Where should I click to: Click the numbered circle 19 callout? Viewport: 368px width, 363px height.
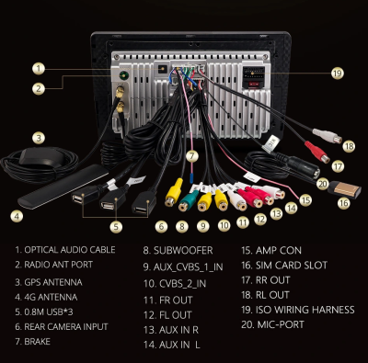pyautogui.click(x=337, y=74)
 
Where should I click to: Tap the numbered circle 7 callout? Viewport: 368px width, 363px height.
pyautogui.click(x=192, y=156)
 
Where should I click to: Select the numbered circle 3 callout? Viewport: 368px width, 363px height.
pyautogui.click(x=39, y=138)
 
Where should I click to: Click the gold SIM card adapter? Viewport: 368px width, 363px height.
pyautogui.click(x=343, y=189)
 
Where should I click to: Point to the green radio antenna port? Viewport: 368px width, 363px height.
pyautogui.click(x=123, y=75)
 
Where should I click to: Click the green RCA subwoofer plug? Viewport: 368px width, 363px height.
pyautogui.click(x=189, y=201)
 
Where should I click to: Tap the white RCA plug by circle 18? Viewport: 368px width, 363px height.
pyautogui.click(x=328, y=136)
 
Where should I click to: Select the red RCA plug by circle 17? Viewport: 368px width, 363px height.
pyautogui.click(x=317, y=152)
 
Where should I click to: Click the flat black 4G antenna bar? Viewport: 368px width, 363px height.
pyautogui.click(x=63, y=187)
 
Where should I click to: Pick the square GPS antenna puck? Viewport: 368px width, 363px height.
pyautogui.click(x=41, y=157)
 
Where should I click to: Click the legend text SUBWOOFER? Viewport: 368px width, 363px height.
pyautogui.click(x=183, y=251)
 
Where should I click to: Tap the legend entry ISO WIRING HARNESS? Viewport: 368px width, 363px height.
pyautogui.click(x=305, y=310)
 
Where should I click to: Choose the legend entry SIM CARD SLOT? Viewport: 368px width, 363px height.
pyautogui.click(x=292, y=265)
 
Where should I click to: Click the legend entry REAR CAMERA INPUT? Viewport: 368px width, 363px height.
pyautogui.click(x=66, y=327)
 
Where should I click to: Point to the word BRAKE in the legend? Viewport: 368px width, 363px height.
pyautogui.click(x=37, y=342)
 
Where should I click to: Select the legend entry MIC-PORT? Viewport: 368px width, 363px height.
pyautogui.click(x=281, y=324)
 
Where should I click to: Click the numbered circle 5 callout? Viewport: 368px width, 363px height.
pyautogui.click(x=116, y=227)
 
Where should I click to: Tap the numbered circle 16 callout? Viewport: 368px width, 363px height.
pyautogui.click(x=343, y=204)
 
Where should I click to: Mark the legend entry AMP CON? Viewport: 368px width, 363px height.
pyautogui.click(x=279, y=251)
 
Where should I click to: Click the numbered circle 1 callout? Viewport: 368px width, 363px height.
pyautogui.click(x=39, y=69)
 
